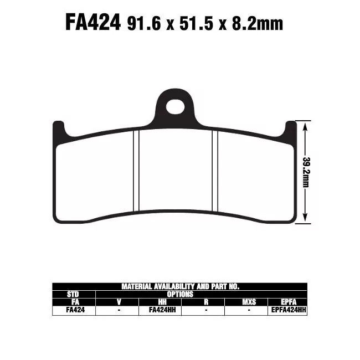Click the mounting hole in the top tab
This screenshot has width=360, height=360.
coord(175,106)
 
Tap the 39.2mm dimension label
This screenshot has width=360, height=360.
coord(305,172)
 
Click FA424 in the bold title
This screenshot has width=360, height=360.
coord(93,23)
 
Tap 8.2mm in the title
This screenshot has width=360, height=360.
coord(260,24)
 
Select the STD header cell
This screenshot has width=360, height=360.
coord(73,294)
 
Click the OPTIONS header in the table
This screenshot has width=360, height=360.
coord(180,294)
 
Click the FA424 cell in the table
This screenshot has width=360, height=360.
coord(73,311)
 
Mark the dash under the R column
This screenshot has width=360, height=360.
coord(205,311)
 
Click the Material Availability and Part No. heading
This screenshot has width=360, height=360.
coord(180,286)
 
